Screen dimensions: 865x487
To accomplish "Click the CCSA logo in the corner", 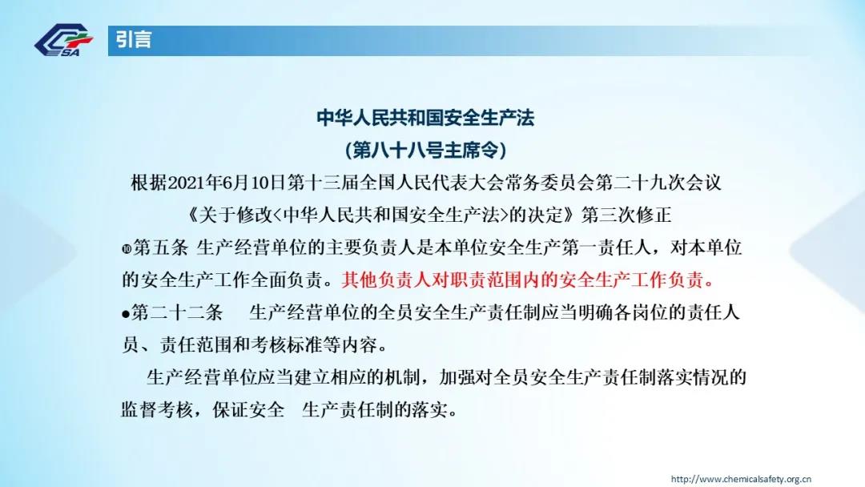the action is coord(63,40).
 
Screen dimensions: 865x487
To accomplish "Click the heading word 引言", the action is coord(134,40).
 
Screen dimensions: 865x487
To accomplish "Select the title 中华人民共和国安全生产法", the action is coord(425,118).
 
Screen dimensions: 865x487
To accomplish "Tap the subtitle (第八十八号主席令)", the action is coord(425,150).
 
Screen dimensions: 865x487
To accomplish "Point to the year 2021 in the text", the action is coord(186,183).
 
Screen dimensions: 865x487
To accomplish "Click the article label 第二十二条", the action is coord(177,312).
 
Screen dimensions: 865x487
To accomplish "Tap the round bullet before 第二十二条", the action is coord(126,314).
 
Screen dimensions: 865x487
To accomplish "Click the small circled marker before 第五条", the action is coord(127,249).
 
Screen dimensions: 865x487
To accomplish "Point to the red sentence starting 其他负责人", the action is coord(528,280).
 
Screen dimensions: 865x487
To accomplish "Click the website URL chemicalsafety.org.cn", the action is coord(741,479).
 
